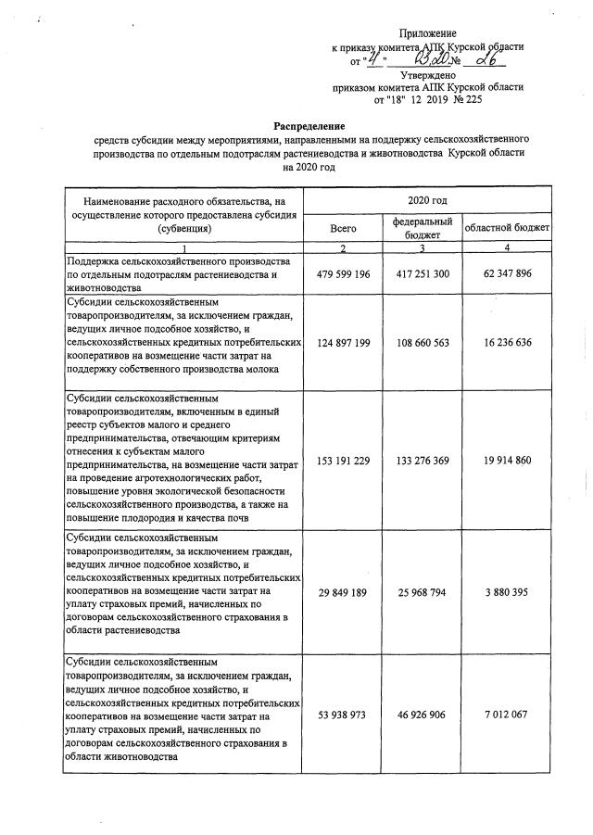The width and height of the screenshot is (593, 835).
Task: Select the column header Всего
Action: point(343,227)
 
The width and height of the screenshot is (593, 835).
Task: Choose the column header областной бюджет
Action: point(507,227)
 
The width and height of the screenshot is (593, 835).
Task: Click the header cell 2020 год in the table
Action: point(427,199)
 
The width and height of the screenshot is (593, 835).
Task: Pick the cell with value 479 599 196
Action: point(343,275)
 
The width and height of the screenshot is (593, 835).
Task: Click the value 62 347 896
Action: point(507,275)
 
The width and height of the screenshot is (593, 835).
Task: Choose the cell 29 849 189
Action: point(343,589)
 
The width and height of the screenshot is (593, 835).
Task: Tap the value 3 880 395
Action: point(507,589)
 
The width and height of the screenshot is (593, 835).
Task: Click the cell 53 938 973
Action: point(343,715)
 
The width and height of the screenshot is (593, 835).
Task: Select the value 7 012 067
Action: point(507,715)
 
